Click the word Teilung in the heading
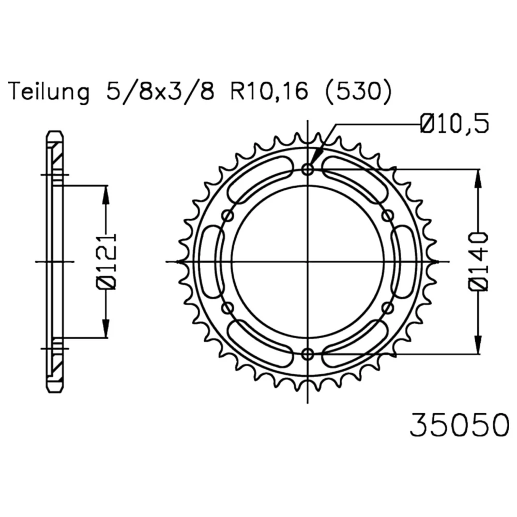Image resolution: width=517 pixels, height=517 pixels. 49,92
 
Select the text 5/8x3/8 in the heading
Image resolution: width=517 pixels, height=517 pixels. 160,92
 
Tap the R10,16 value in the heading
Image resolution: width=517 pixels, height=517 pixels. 269,92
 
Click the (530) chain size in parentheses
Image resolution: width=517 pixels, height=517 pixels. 358,92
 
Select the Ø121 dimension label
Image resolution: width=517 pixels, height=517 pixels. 106,262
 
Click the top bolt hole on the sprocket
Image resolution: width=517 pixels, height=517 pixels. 308,170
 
